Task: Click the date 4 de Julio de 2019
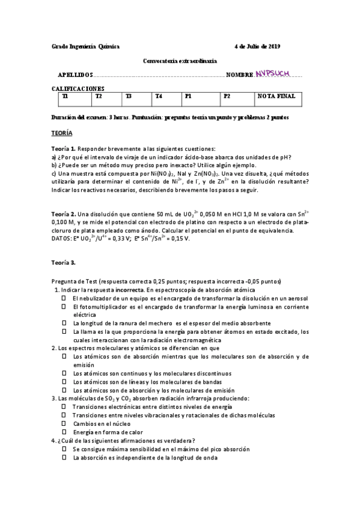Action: tap(257, 46)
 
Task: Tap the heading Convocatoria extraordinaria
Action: tap(180, 61)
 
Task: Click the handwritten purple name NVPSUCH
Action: tap(272, 73)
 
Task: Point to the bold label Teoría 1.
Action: tap(63, 149)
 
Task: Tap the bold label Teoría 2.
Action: tap(63, 214)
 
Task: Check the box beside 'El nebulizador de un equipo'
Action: tap(63, 298)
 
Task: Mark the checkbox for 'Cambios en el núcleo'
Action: tap(63, 423)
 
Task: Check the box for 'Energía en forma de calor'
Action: tap(63, 432)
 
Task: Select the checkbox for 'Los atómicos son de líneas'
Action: tap(63, 382)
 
